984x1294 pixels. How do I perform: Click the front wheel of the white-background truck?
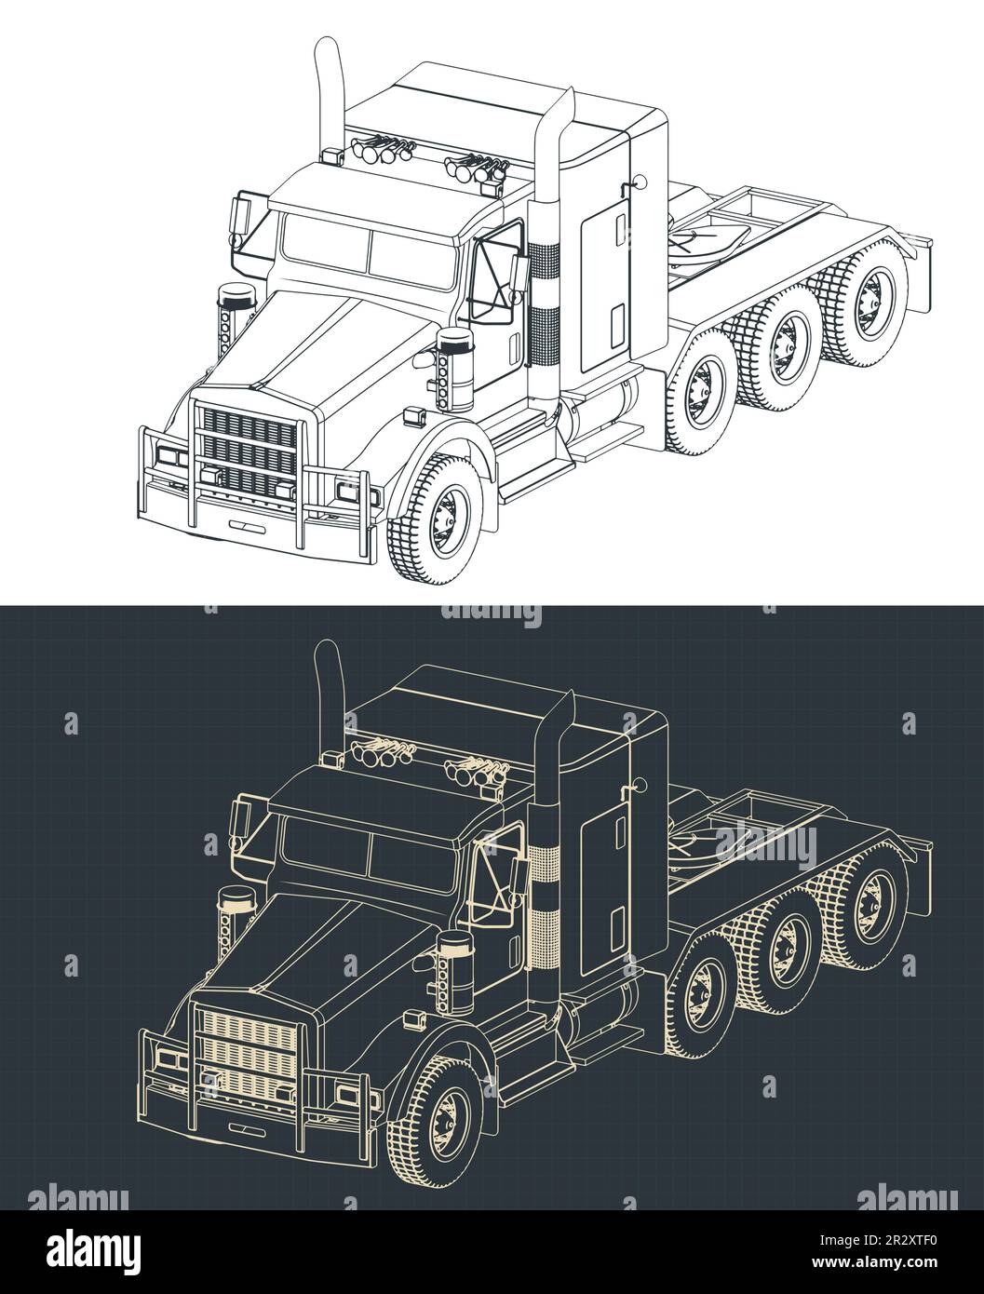point(437,519)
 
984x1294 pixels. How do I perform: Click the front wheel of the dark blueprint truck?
point(437,1120)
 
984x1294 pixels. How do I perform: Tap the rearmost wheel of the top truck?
point(867,301)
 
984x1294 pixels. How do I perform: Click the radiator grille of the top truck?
point(248,451)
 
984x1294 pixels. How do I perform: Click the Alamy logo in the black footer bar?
point(94,1250)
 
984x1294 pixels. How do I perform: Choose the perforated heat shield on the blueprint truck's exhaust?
point(545,905)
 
